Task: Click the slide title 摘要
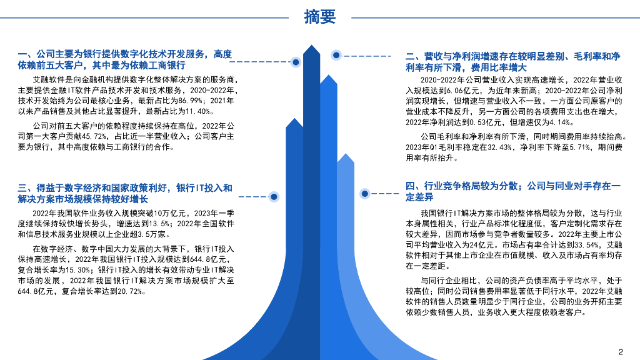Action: coord(319,17)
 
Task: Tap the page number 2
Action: coord(621,351)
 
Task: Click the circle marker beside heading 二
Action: coord(336,56)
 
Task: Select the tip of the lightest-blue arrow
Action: coord(345,154)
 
